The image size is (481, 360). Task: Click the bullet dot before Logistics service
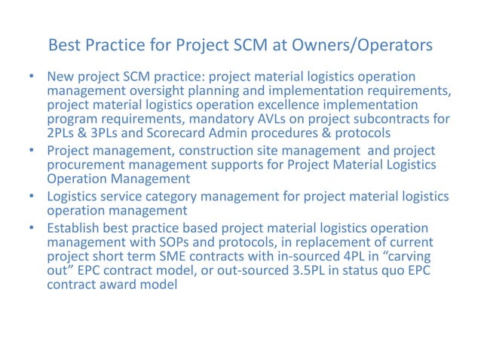[32, 197]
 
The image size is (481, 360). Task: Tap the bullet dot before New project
[32, 78]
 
